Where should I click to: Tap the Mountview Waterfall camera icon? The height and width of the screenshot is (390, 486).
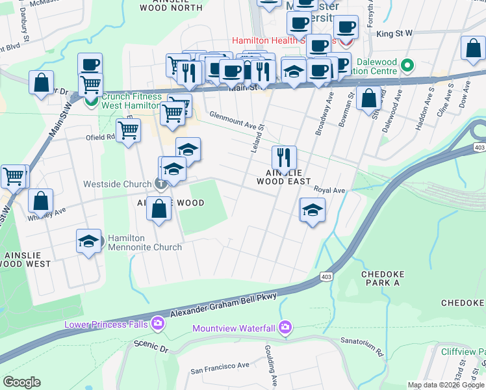coord(284,326)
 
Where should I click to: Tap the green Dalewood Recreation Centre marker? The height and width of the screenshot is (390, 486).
coord(407,66)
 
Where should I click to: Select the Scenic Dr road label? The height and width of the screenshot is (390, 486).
coord(151,344)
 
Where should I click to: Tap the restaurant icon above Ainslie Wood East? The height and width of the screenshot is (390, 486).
coord(284,157)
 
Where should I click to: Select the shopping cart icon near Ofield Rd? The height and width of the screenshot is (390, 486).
coord(129,130)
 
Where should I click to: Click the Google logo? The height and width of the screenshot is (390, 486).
coord(21,382)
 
